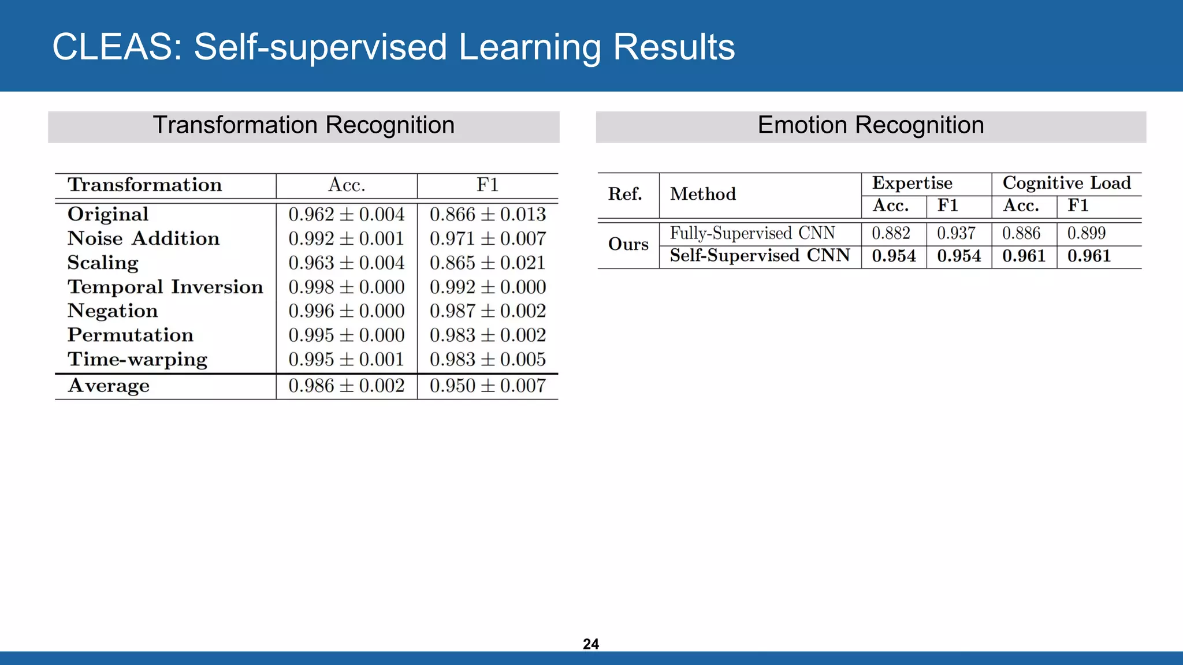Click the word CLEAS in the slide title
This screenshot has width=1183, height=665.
tap(113, 47)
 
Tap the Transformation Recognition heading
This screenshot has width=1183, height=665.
tap(303, 125)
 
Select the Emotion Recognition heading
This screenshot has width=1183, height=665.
tap(870, 125)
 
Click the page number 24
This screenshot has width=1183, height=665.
tap(591, 644)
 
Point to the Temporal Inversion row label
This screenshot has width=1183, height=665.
tap(165, 287)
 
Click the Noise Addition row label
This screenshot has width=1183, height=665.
tap(143, 238)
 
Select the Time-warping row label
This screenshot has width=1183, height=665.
tap(137, 359)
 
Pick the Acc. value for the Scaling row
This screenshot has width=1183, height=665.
tap(347, 263)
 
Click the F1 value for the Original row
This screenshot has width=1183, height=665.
tap(488, 214)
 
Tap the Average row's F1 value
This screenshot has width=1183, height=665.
tap(488, 386)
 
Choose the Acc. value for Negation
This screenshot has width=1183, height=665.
tap(347, 311)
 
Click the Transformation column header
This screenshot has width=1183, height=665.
tap(144, 185)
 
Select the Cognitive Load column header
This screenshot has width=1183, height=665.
tap(1066, 183)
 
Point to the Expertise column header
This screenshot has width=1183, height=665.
tap(912, 183)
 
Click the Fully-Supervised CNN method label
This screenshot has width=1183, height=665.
tap(752, 233)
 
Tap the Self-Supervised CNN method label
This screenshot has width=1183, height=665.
tap(760, 256)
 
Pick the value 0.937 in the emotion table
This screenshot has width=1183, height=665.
tap(956, 233)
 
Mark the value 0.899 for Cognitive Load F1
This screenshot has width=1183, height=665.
tap(1087, 233)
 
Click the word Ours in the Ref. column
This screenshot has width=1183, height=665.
tap(628, 244)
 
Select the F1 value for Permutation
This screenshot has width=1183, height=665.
tap(488, 335)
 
